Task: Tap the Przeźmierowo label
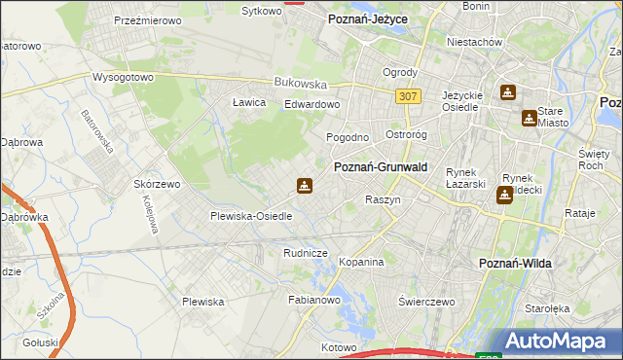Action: pos(143,19)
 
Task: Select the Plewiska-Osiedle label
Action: pos(251,216)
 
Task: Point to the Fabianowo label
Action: pos(312,301)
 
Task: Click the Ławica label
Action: pos(249,102)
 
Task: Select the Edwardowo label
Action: pos(311,104)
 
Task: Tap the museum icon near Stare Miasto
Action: pos(529,118)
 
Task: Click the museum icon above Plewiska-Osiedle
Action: pos(305,186)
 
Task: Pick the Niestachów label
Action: pos(474,43)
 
